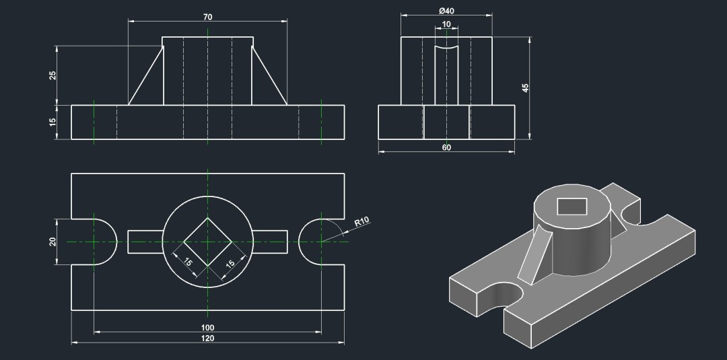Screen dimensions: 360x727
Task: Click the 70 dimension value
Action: click(208, 15)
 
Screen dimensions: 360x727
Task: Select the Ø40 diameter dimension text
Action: click(446, 11)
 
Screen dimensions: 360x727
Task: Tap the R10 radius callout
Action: click(361, 221)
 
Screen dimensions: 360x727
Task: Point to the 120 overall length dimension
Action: click(208, 338)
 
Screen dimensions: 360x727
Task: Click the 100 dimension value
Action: click(208, 328)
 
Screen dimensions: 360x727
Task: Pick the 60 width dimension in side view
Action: click(446, 147)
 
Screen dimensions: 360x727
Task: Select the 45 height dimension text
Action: click(526, 87)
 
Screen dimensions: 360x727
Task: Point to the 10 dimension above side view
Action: click(446, 24)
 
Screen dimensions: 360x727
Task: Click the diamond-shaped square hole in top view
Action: click(208, 242)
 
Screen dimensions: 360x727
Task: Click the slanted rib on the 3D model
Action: click(534, 256)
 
